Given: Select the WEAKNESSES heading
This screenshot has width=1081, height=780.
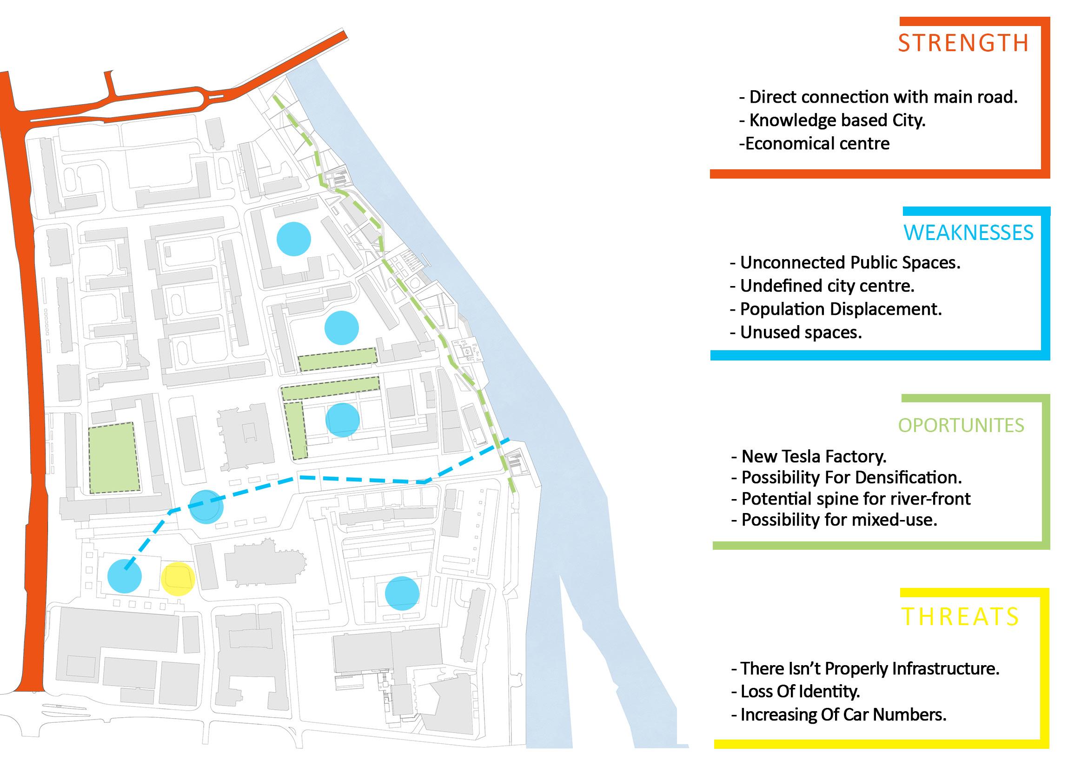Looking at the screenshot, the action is coord(968,233).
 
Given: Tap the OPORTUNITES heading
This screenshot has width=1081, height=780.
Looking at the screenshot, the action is coord(961,425).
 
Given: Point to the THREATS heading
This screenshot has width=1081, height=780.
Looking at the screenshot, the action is coord(960,617).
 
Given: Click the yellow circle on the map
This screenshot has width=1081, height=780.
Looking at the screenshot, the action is coord(177,579).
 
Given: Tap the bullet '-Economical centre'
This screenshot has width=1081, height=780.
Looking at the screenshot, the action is coord(814,144).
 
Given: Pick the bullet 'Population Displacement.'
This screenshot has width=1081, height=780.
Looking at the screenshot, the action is coord(836,309).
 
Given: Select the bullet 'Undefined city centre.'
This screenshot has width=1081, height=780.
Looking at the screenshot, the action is coord(822,286).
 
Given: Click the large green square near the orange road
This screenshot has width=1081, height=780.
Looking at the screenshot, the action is coord(114,457).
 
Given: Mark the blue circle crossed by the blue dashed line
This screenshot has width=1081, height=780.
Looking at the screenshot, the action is coord(206,507).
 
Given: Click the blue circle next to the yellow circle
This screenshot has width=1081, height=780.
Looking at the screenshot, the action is coord(125,576).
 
